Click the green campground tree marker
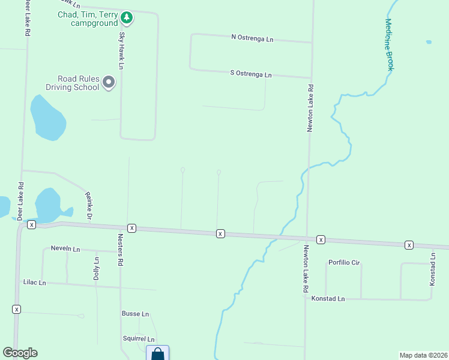(126, 18)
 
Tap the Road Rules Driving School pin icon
(109, 82)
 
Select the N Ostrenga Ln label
(252, 38)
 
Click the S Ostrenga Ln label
(251, 74)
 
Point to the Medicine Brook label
(389, 44)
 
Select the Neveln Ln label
(65, 248)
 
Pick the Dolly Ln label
(96, 269)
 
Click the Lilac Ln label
(34, 281)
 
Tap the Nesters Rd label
(121, 253)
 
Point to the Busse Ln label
(135, 314)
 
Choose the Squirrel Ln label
(138, 339)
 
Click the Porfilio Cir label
(344, 263)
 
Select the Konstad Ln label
(328, 298)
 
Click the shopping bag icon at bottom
(157, 353)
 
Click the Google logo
(20, 353)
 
